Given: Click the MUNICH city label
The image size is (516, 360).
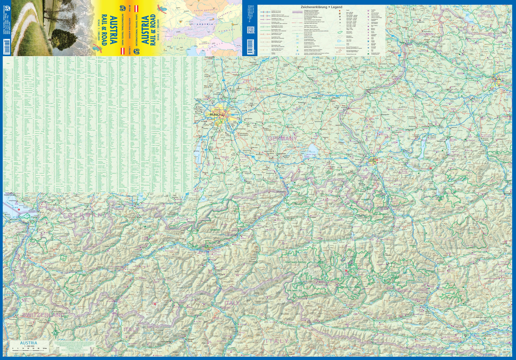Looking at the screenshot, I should point(215,115).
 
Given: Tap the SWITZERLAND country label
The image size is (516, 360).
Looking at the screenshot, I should point(43,315).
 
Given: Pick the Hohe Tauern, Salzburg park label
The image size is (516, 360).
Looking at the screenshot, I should point(295,263).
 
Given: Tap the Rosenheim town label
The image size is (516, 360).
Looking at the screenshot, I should point(274,154).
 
